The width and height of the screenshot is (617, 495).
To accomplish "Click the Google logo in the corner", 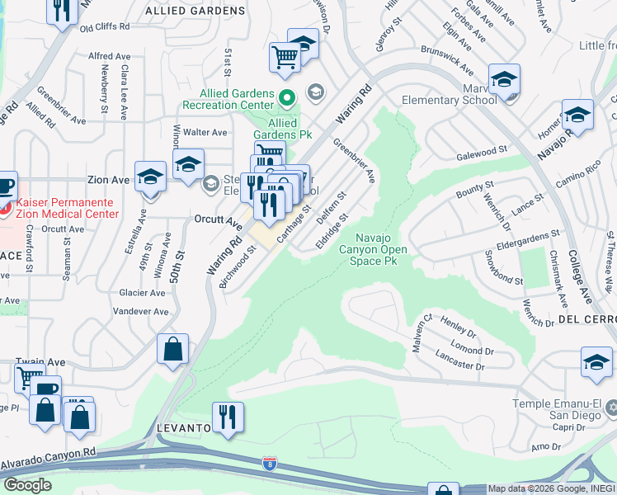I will pyautogui.click(x=27, y=485).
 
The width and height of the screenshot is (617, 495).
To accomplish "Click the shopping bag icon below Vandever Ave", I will pyautogui.click(x=173, y=348).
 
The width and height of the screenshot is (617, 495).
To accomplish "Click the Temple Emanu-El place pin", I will pyautogui.click(x=610, y=408).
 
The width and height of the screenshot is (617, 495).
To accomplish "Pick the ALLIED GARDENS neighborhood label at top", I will pyautogui.click(x=195, y=11).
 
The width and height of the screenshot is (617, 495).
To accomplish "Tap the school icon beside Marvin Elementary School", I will pyautogui.click(x=504, y=79).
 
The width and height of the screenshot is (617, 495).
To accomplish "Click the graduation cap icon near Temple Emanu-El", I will pyautogui.click(x=596, y=361).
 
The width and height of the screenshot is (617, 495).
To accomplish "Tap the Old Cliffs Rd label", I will pyautogui.click(x=105, y=27).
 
